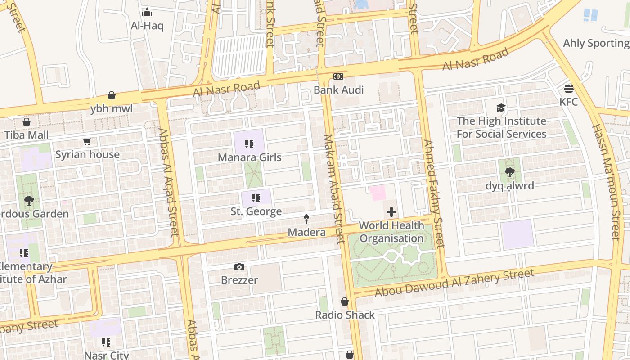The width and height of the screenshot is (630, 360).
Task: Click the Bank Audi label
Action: tap(338, 90)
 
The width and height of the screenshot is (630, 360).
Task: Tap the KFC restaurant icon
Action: tap(569, 88)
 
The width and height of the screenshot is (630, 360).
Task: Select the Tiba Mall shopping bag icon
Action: tap(27, 122)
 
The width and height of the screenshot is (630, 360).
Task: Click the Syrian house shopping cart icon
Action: tap(87, 142)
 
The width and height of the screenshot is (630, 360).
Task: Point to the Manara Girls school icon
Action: tap(249, 144)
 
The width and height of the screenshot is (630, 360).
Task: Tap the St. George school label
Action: tap(256, 211)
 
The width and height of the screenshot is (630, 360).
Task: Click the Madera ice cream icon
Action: tap(306, 219)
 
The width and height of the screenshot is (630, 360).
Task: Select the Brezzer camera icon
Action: tap(239, 267)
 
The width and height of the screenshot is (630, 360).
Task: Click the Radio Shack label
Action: tap(345, 315)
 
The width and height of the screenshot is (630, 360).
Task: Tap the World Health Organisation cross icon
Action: tap(391, 212)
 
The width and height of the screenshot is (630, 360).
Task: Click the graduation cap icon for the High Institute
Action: tap(501, 108)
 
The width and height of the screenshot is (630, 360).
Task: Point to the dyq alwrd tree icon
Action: tap(510, 172)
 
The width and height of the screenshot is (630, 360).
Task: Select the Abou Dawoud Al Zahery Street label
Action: tap(454, 283)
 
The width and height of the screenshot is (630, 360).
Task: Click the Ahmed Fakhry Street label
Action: tap(434, 193)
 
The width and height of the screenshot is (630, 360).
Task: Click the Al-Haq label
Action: tap(147, 26)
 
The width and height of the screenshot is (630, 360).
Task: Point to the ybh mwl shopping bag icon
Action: tap(112, 95)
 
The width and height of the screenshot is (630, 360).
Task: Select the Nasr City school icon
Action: tap(106, 342)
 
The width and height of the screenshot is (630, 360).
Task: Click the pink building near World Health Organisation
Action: tap(378, 193)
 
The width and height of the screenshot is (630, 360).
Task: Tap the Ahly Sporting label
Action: tap(596, 43)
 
